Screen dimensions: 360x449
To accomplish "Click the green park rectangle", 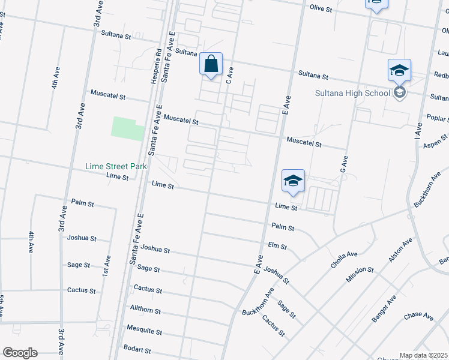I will point(128,128).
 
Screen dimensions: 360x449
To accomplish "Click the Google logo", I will point(19,353).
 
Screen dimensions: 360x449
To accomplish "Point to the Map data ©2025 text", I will point(424,355).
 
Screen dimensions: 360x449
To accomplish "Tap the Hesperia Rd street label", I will point(158,65).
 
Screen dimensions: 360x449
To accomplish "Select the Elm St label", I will point(277,246).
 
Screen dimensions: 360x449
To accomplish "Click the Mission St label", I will point(360,274).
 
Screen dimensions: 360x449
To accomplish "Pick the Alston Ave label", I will point(400,250).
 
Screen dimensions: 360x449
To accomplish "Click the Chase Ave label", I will point(418,316).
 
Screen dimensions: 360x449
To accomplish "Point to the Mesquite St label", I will point(144,330).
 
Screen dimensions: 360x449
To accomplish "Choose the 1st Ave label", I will point(107,267).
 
